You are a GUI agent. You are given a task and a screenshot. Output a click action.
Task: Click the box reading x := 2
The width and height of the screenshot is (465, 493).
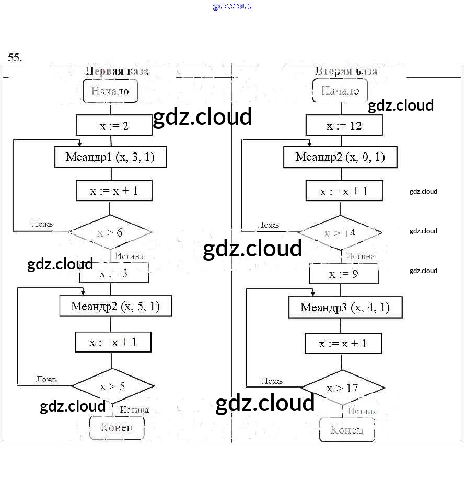114,125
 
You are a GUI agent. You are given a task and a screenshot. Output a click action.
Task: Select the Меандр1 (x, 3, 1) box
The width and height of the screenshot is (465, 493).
110,157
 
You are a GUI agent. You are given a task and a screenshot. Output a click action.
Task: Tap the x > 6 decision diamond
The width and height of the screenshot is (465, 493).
110,232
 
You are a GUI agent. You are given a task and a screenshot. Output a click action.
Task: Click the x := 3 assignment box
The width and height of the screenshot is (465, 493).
114,273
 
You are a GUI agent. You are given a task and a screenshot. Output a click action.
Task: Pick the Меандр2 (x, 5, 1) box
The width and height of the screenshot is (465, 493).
115,307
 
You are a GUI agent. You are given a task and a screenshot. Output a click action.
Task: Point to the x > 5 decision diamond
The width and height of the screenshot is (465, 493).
113,386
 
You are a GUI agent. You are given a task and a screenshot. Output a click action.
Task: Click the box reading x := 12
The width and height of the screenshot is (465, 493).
344,126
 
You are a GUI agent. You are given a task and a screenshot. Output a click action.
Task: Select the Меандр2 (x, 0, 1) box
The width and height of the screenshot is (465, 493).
340,157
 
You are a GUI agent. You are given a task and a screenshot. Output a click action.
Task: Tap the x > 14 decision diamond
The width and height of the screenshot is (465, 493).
340,233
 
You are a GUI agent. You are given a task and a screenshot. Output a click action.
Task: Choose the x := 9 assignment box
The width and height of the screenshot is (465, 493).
343,274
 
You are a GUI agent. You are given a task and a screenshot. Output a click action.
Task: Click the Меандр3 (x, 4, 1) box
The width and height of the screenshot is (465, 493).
345,307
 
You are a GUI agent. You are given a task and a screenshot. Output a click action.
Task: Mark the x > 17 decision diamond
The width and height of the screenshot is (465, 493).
342,389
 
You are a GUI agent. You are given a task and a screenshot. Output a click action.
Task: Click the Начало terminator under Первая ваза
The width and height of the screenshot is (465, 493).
110,91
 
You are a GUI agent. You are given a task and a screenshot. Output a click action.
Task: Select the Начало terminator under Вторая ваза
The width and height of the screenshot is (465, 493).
340,91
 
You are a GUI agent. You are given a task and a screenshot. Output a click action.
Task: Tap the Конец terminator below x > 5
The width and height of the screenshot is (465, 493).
116,428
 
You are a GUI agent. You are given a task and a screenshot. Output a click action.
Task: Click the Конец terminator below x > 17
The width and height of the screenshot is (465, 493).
347,430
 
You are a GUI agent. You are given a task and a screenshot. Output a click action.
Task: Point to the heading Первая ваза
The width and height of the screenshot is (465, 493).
117,71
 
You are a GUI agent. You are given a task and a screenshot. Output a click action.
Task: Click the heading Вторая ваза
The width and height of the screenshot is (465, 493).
346,71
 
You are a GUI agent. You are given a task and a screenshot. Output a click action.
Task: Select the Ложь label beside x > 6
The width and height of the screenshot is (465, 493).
42,224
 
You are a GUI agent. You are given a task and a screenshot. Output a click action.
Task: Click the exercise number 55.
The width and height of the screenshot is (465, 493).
15,57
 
